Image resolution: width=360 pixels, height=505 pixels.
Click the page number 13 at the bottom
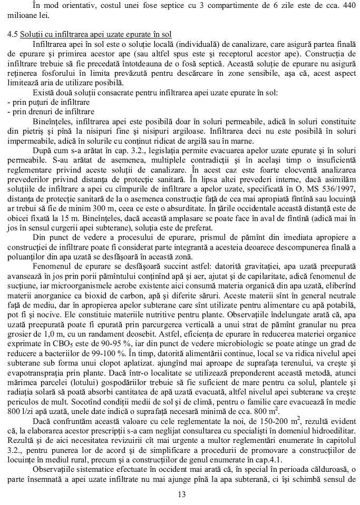pos(182,494)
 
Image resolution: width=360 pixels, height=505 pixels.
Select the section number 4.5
pos(13,34)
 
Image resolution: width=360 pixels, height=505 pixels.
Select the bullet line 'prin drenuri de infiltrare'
pos(52,111)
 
